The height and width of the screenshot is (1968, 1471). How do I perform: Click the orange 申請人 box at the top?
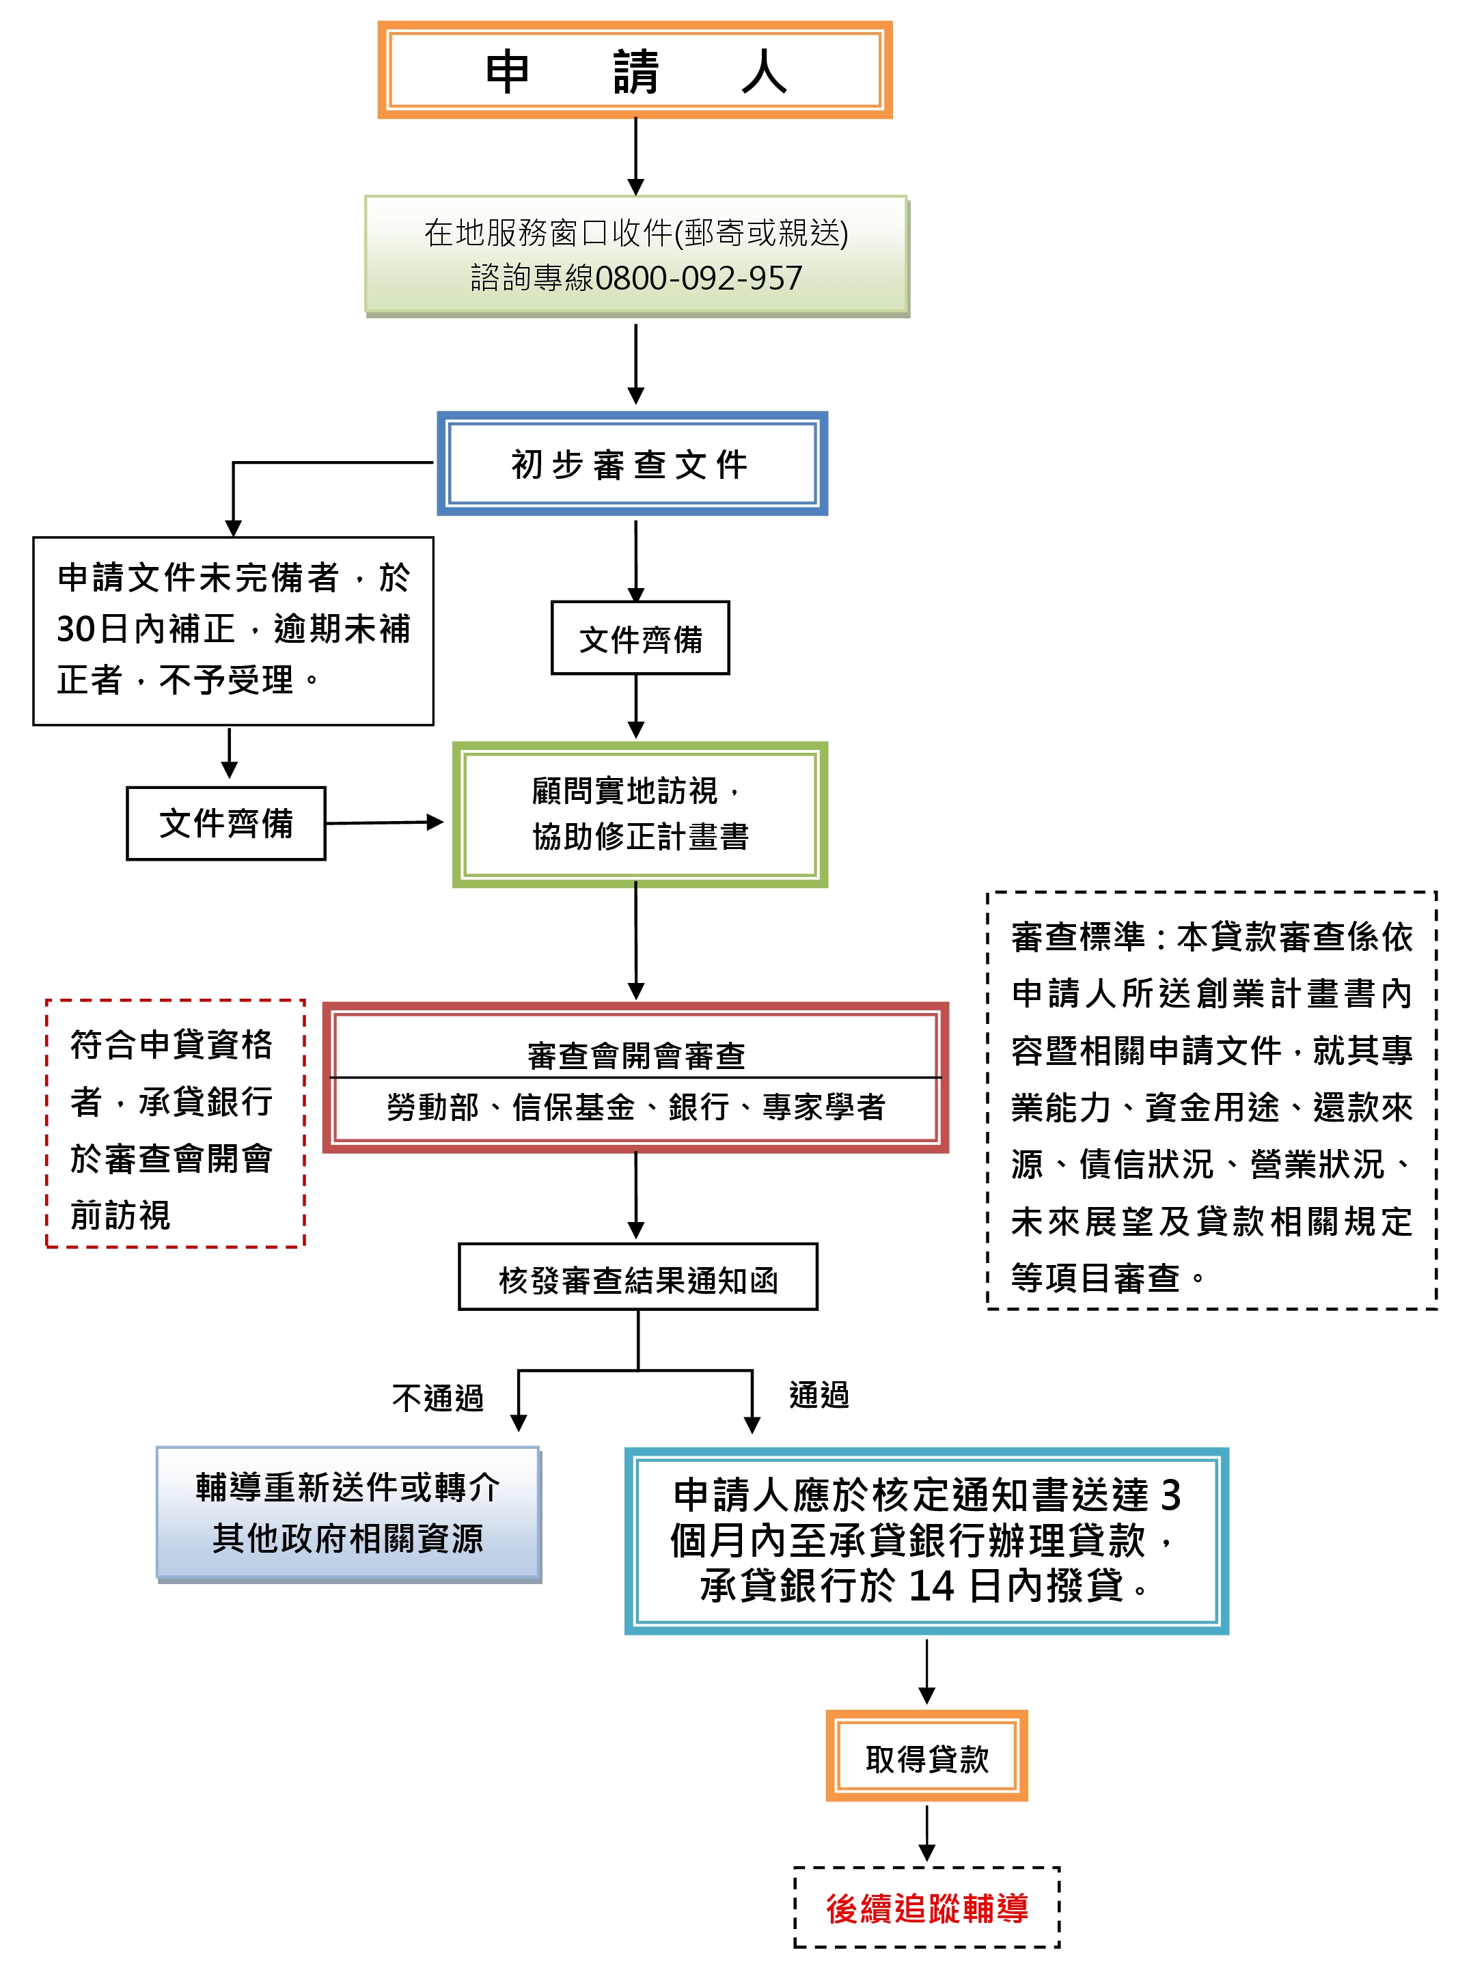(635, 70)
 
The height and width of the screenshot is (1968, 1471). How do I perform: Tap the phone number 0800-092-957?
(698, 279)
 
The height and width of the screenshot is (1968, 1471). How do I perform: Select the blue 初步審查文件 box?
(632, 464)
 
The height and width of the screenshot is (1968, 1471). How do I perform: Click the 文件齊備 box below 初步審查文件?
(640, 639)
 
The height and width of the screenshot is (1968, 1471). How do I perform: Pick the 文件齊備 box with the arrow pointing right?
(226, 823)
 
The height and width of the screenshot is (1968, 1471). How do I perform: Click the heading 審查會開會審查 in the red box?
(635, 1055)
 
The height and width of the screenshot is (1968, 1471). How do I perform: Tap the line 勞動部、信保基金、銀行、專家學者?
(635, 1108)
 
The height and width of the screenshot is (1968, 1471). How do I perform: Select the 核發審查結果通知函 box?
(637, 1279)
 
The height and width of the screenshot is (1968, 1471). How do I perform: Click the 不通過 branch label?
(438, 1398)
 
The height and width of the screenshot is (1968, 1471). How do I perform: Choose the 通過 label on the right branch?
(819, 1395)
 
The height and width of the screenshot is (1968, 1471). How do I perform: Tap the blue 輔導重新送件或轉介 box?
(348, 1513)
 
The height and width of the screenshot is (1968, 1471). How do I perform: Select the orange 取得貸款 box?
(926, 1758)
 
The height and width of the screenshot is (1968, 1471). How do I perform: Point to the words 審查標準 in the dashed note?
(1077, 937)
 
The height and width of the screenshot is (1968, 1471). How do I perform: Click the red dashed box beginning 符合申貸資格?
(174, 1124)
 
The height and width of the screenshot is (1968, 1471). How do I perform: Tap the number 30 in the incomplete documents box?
(76, 629)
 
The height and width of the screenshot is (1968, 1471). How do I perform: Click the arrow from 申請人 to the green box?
(635, 156)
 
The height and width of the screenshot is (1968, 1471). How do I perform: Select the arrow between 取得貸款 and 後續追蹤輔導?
(926, 1833)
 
